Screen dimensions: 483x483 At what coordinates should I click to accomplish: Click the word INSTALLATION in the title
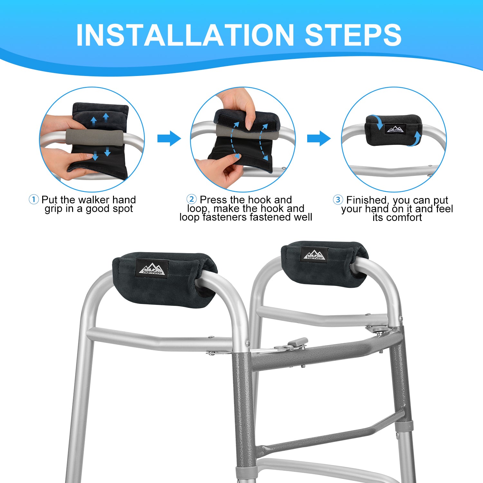click(185, 35)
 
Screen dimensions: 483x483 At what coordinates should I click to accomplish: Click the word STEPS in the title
click(353, 35)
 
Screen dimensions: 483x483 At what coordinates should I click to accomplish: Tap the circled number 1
click(34, 199)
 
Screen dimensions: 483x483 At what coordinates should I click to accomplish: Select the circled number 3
click(338, 200)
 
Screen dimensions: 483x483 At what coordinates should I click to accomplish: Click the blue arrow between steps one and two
click(169, 138)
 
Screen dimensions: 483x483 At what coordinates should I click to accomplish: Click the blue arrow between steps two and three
click(319, 138)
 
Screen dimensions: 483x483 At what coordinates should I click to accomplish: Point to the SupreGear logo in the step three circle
click(396, 129)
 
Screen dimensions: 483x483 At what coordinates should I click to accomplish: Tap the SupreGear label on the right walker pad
click(315, 255)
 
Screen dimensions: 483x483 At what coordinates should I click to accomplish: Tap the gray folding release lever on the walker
click(291, 344)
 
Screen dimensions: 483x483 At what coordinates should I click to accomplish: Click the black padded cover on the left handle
click(164, 279)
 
